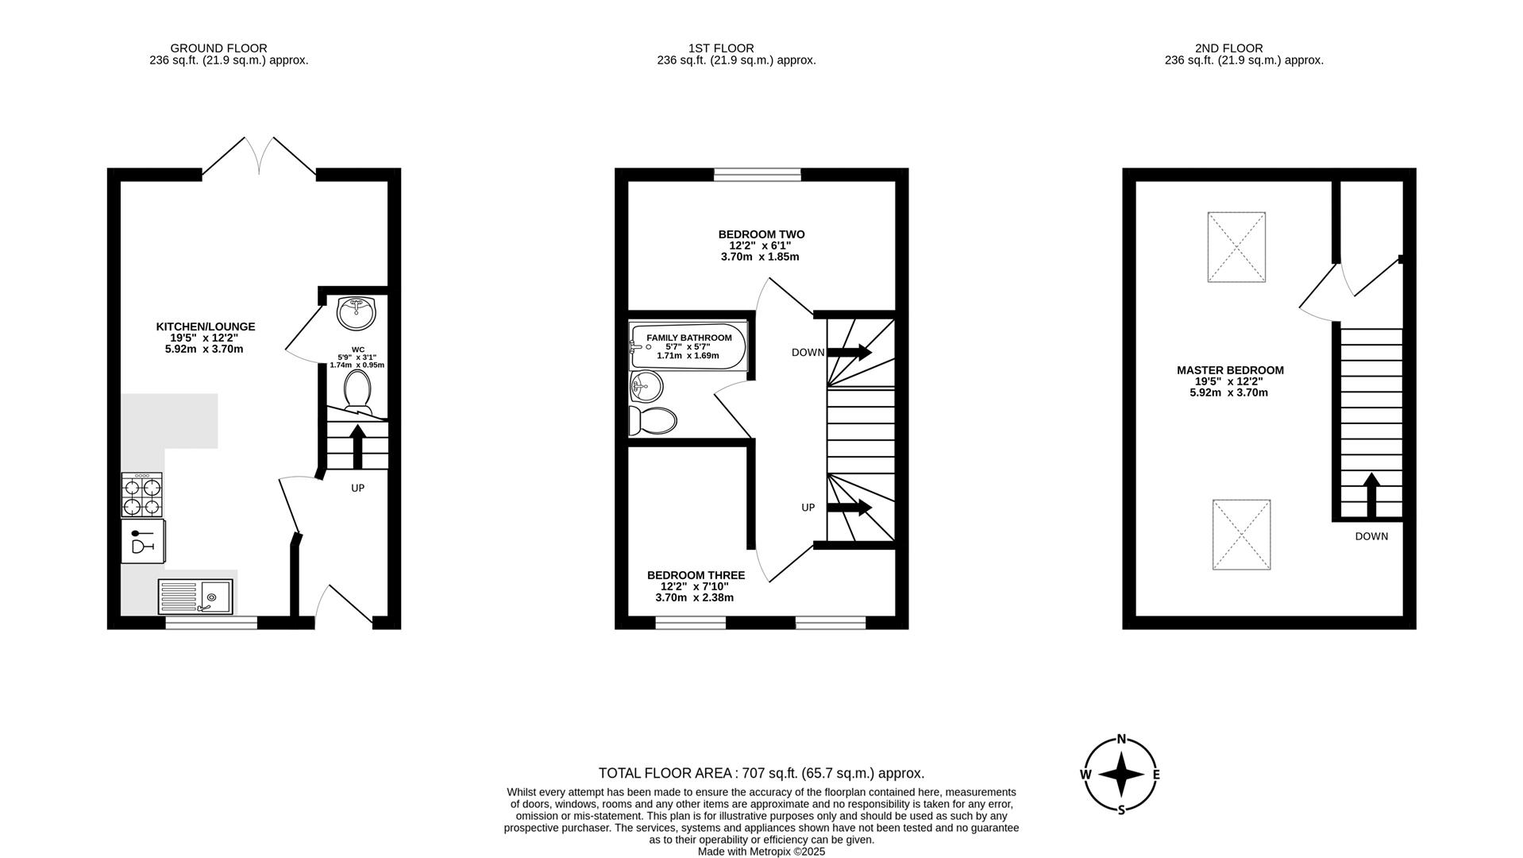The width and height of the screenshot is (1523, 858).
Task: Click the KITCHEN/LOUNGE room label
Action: coord(205,327)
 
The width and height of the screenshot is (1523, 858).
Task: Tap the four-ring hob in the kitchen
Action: coord(141,495)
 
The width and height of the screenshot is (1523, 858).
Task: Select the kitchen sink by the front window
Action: coord(195,596)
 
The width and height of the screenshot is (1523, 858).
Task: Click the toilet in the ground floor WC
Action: coord(357,390)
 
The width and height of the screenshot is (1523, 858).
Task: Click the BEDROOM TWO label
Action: coord(761,234)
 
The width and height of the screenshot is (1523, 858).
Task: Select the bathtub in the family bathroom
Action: coord(688,346)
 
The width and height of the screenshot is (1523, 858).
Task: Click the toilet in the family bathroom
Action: coord(652,420)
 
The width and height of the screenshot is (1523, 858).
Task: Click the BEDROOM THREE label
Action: coord(696,575)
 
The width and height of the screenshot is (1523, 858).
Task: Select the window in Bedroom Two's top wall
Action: coord(757,175)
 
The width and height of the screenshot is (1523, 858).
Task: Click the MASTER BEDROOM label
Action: coord(1229,370)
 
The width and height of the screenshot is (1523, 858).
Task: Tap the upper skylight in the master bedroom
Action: coord(1236,247)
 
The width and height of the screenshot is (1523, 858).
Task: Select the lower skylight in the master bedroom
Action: coord(1241,534)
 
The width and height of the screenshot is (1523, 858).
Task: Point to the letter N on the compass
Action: coord(1121,739)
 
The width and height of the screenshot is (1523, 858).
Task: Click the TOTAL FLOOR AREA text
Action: coord(761,773)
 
